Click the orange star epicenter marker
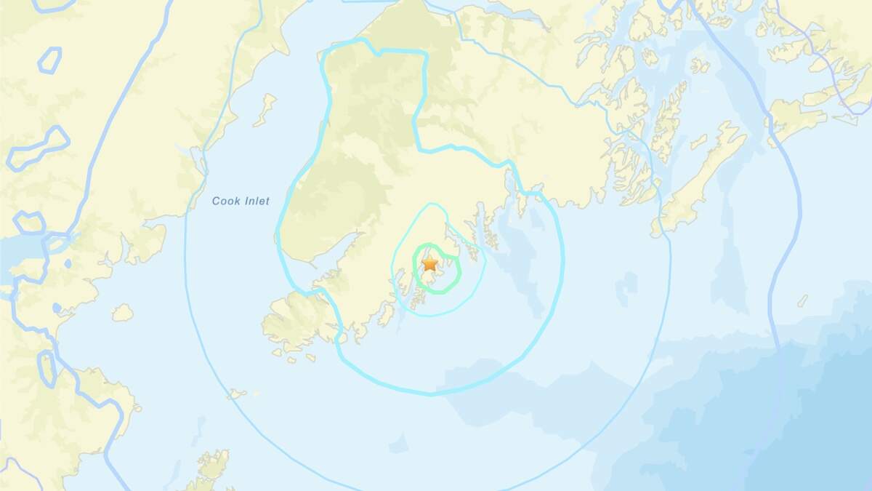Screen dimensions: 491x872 point(429,263)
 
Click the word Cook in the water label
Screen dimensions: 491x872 point(225,201)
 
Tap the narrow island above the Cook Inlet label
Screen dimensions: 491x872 point(267,108)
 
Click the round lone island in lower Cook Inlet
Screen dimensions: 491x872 point(122,313)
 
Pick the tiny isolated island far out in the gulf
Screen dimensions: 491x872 point(802,300)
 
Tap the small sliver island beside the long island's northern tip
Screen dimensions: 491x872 point(698,141)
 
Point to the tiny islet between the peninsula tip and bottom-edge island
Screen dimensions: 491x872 point(236,394)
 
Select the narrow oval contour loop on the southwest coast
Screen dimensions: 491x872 point(47,369)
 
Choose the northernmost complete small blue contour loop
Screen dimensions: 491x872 point(49,60)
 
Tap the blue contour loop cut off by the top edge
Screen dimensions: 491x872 point(54,5)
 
